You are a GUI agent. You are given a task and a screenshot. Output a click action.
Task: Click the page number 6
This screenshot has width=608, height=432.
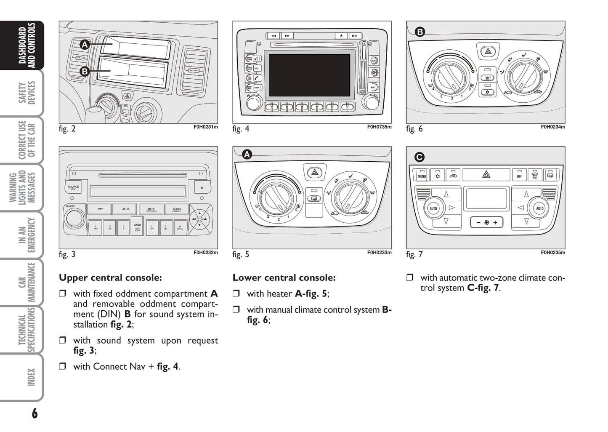[x=35, y=413]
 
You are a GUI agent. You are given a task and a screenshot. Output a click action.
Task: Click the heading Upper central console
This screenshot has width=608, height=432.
[x=110, y=277]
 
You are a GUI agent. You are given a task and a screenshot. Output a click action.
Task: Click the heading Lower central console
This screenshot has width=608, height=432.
[x=284, y=277]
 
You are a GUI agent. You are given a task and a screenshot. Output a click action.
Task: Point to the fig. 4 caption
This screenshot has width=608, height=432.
[x=241, y=129]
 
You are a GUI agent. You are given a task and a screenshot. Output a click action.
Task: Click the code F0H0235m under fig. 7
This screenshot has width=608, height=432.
[x=553, y=253]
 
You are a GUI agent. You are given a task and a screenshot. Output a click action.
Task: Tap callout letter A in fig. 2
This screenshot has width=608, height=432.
[x=85, y=44]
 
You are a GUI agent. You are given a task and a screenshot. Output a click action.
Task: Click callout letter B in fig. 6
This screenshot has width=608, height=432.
[x=419, y=32]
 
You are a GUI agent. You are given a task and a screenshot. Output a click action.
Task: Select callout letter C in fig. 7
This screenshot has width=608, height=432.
[x=419, y=157]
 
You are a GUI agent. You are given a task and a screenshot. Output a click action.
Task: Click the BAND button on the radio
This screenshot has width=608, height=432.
[x=137, y=227]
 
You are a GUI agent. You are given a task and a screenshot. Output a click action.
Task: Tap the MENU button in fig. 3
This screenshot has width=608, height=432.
[x=151, y=209]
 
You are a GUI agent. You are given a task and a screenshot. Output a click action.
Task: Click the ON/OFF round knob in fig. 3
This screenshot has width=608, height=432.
[x=74, y=218]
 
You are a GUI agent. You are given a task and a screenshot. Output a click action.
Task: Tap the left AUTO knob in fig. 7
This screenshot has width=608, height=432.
[x=433, y=208]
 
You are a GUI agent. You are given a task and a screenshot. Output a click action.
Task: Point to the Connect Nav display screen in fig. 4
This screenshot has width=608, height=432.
[x=309, y=75]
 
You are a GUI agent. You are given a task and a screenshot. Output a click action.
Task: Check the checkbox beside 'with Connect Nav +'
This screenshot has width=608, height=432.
[x=63, y=366]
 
